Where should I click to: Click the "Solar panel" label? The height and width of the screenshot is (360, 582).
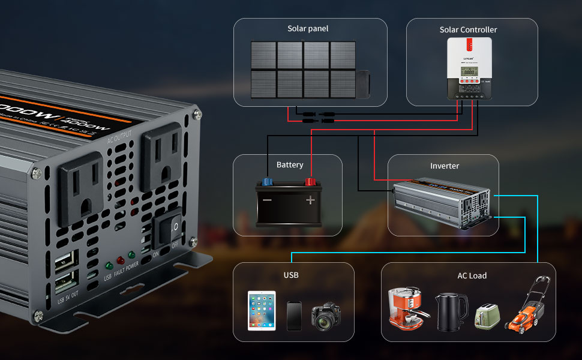click(x=308, y=29)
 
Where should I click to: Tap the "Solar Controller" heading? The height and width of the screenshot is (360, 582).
click(x=468, y=29)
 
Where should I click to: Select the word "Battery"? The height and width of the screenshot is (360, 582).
click(x=290, y=164)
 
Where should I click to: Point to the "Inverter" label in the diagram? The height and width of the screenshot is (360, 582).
click(x=445, y=166)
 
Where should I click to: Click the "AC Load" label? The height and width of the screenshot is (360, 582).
click(x=472, y=275)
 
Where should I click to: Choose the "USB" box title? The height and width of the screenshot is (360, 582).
click(x=291, y=275)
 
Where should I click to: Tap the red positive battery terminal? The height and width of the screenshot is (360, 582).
click(x=310, y=181)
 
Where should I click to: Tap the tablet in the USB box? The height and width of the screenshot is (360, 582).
click(x=262, y=310)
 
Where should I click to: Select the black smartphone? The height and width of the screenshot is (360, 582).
click(x=294, y=316)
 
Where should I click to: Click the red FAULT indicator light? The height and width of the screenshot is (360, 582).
click(x=120, y=261)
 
